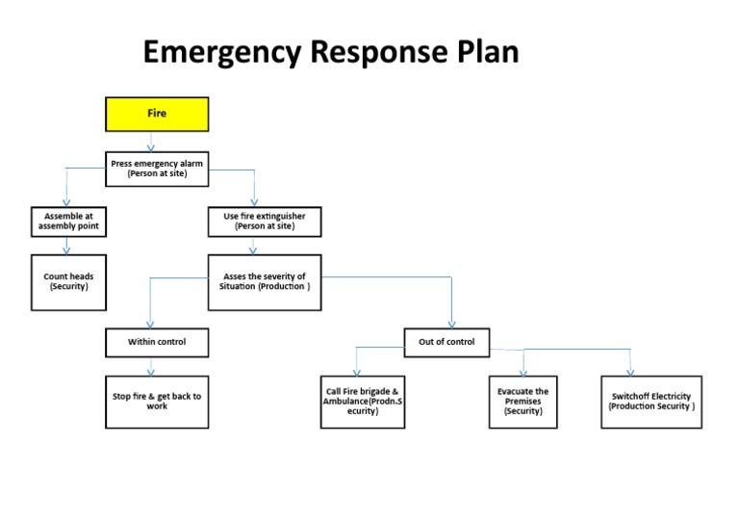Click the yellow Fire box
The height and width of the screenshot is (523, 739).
pos(157,114)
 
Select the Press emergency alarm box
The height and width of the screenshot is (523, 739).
pos(157,169)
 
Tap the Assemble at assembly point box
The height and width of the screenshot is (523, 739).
pos(68,222)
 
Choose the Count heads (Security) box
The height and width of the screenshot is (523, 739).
pos(68,282)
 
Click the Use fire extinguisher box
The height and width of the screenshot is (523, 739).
pos(265,222)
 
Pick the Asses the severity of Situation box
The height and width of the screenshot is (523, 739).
pos(265,282)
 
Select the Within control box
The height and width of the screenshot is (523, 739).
pos(157,342)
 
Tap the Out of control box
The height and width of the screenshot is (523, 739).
pos(446,342)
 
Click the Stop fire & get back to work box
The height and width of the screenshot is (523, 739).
pos(157,401)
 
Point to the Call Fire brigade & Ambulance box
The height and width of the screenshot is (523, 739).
pos(362,402)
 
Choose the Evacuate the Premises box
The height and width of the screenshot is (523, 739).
pos(522,402)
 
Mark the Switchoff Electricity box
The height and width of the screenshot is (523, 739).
pos(651,402)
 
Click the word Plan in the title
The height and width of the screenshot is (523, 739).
pos(485,52)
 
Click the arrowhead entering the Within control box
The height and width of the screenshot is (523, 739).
pos(150,324)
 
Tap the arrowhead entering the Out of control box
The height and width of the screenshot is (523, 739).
pos(451,324)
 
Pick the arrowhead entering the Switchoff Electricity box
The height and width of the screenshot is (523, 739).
pos(631,372)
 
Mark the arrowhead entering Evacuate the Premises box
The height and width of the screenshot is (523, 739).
pos(524,372)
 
